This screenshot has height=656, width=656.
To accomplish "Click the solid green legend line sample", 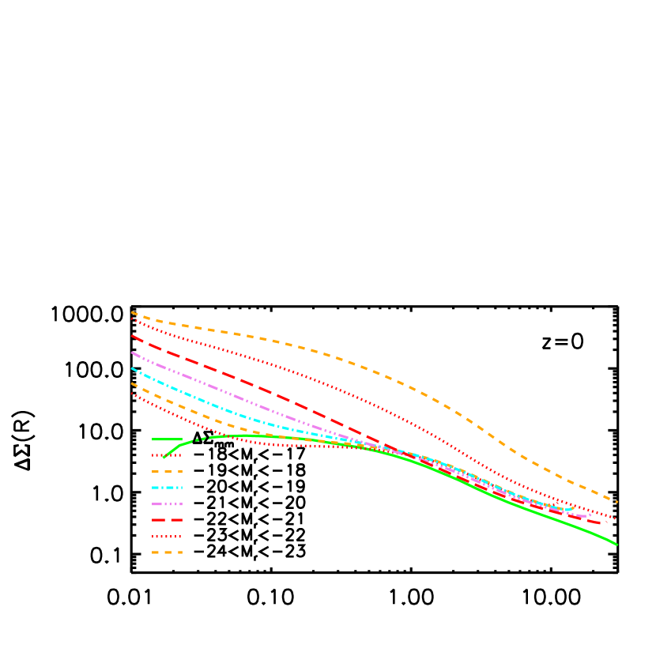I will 167,439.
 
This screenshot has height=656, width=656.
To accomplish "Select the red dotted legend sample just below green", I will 167,455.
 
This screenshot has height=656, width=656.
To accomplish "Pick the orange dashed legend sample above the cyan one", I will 167,472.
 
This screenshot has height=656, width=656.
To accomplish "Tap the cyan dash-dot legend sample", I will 167,488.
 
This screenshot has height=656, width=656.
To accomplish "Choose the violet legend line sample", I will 167,504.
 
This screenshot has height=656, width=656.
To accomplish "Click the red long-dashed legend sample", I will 167,520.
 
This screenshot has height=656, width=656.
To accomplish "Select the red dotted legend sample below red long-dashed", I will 167,537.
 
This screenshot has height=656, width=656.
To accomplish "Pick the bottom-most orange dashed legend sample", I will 167,552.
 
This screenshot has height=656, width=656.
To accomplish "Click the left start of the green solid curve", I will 164,458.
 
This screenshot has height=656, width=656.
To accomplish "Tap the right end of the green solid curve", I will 616,545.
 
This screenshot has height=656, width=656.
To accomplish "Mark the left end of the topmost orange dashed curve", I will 132,313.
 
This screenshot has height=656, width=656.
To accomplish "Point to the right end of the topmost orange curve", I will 616,502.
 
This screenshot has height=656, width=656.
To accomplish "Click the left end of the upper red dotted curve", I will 132,319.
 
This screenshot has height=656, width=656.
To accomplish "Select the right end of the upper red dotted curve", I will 616,519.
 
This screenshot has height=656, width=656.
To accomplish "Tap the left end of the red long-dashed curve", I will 132,336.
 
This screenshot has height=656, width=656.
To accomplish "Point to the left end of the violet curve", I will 132,353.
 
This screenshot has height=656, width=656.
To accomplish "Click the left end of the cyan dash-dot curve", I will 132,368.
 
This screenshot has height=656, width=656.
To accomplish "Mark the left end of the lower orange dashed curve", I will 132,383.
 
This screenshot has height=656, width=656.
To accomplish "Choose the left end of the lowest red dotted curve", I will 132,394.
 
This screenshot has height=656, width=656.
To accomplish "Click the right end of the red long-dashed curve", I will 601,523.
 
